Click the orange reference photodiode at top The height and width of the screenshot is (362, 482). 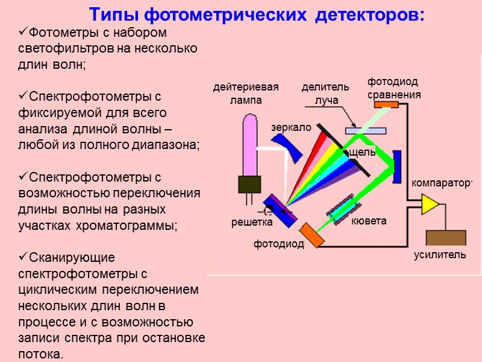point(387,104)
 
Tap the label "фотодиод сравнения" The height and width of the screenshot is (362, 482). point(393,88)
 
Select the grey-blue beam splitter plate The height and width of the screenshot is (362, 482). point(366,130)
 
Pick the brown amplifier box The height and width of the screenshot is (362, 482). point(445,238)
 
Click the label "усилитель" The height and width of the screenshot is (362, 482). point(440,255)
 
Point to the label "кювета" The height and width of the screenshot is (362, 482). point(368,221)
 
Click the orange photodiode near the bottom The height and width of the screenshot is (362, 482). point(311,234)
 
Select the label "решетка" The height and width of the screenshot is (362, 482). point(252,223)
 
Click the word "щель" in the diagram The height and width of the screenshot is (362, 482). point(362,152)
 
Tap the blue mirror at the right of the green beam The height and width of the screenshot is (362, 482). point(397,166)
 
